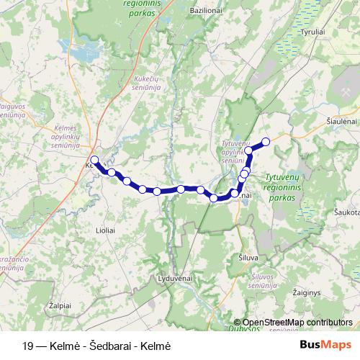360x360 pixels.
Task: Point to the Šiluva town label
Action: pyautogui.click(x=248, y=257)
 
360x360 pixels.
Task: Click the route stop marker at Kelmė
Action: pyautogui.click(x=94, y=159)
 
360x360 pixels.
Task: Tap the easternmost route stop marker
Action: pyautogui.click(x=266, y=141)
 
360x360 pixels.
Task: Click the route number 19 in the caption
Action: pyautogui.click(x=28, y=346)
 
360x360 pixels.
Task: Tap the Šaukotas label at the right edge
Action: pyautogui.click(x=346, y=213)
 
